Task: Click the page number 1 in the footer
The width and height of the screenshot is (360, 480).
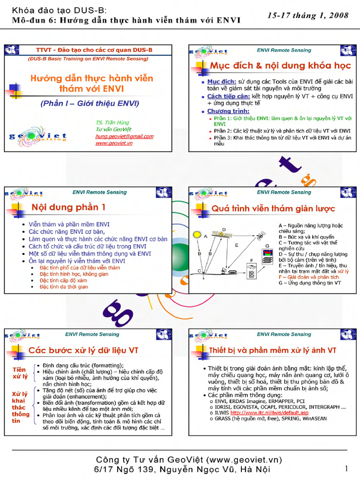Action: coord(346,468)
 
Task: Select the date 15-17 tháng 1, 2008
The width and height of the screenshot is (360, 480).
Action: coord(308,15)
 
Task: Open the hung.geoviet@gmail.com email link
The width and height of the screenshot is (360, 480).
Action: coord(124,136)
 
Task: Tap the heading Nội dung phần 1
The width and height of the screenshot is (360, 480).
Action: coord(68,207)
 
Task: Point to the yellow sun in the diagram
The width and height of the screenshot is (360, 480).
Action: coord(197,234)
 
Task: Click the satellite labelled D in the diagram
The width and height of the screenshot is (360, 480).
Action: coord(219,233)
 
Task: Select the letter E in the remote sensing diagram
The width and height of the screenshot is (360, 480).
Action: coord(237,245)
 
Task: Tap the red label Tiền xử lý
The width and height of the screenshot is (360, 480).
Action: coord(19,373)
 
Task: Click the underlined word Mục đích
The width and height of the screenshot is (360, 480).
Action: coord(222,82)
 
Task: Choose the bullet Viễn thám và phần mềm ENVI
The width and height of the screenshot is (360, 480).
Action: coord(69,225)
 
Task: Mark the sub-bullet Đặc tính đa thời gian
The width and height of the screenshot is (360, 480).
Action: coord(64,286)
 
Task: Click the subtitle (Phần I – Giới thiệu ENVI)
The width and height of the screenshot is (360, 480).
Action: coord(90,103)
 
